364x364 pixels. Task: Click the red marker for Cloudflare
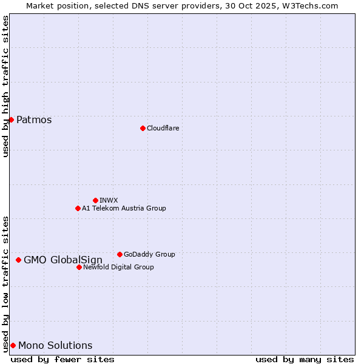pyautogui.click(x=143, y=128)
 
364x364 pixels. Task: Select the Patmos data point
pyautogui.click(x=11, y=120)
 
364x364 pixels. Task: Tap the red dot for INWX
pyautogui.click(x=95, y=200)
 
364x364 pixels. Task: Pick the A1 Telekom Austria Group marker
pyautogui.click(x=78, y=208)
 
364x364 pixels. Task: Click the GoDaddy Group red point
pyautogui.click(x=120, y=254)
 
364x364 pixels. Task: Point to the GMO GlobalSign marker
pyautogui.click(x=18, y=260)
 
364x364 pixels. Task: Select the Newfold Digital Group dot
pyautogui.click(x=79, y=267)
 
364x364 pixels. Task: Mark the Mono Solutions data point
pyautogui.click(x=13, y=345)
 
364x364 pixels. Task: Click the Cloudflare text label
pyautogui.click(x=163, y=128)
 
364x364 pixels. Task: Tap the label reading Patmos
pyautogui.click(x=34, y=120)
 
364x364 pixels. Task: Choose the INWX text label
pyautogui.click(x=109, y=200)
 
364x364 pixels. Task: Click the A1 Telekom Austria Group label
pyautogui.click(x=124, y=208)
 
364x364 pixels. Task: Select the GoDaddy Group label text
pyautogui.click(x=149, y=254)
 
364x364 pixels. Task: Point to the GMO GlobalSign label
pyautogui.click(x=63, y=260)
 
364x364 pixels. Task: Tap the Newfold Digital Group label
pyautogui.click(x=118, y=267)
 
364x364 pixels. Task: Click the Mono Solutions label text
pyautogui.click(x=55, y=346)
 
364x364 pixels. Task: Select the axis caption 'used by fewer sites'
pyautogui.click(x=62, y=359)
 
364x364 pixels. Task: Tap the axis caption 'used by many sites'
pyautogui.click(x=305, y=359)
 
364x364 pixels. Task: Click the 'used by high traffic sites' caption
pyautogui.click(x=5, y=86)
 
